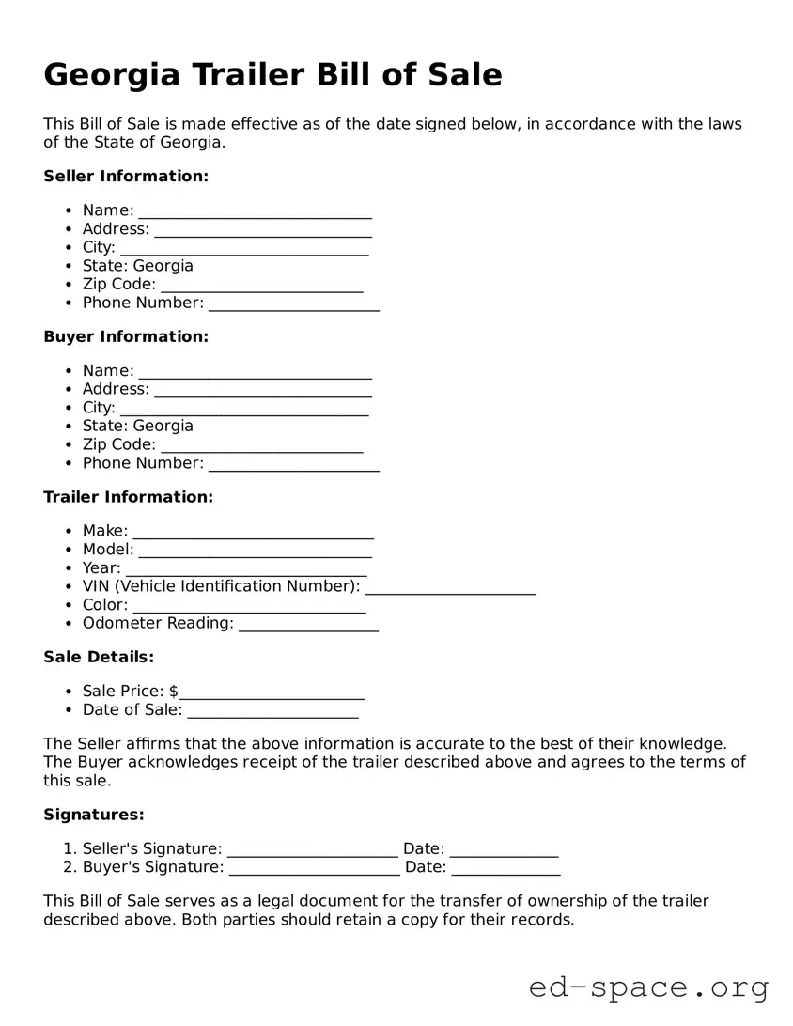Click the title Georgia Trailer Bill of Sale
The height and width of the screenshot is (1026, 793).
coord(272,74)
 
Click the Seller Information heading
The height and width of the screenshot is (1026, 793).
coord(126,177)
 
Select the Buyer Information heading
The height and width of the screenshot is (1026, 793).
coord(126,336)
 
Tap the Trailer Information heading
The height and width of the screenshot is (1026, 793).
coord(128,497)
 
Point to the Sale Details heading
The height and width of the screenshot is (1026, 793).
coord(99,657)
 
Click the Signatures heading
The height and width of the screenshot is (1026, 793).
coord(94,815)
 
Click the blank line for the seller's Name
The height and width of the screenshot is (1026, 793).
coord(255,212)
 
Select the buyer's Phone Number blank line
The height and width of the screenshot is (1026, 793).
coord(293,465)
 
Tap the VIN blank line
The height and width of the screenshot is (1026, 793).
coord(450,589)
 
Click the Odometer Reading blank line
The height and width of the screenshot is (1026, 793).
coord(308,626)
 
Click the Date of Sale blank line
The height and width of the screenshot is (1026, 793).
coord(272,712)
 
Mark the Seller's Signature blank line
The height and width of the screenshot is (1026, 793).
coord(313,851)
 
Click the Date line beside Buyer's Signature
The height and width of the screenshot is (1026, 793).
coord(505,869)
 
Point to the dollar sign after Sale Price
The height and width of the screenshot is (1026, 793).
coord(174,692)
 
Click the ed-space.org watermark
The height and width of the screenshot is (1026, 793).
coord(648,988)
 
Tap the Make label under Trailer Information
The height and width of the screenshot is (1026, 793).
coord(104,531)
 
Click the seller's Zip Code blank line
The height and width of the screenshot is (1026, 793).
coord(261,287)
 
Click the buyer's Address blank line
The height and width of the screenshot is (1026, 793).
coord(262,391)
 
